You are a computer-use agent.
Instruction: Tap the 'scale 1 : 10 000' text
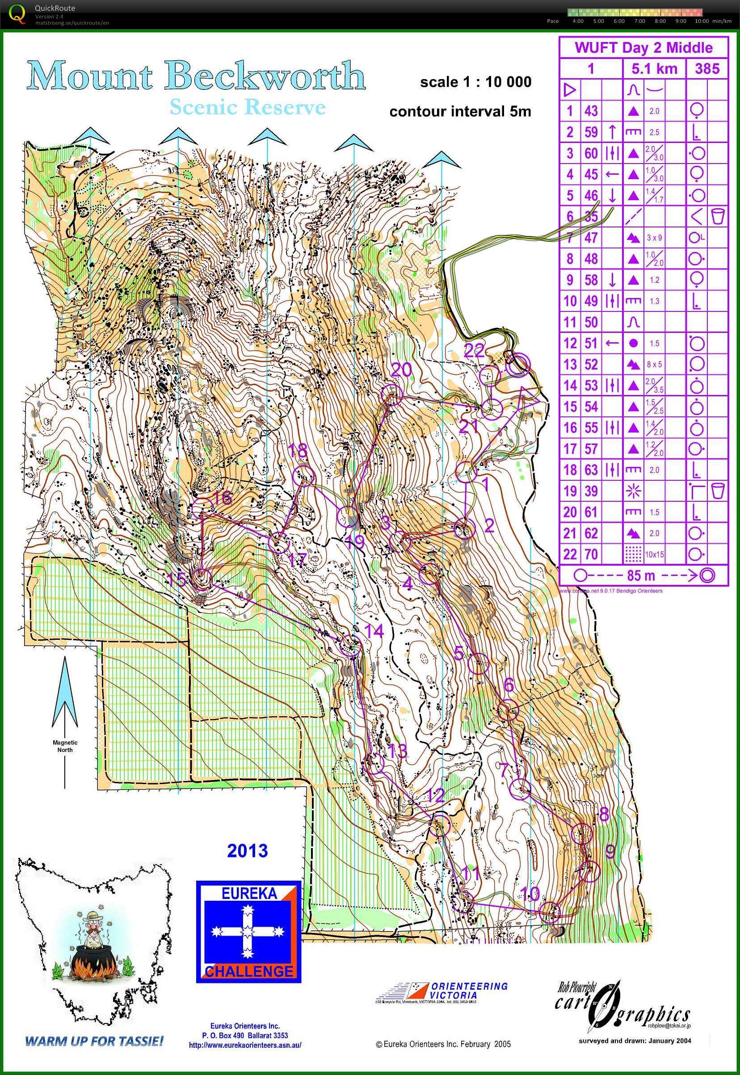[x=476, y=82]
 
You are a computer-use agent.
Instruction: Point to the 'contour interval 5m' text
[x=460, y=111]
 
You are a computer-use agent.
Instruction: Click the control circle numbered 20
[x=391, y=393]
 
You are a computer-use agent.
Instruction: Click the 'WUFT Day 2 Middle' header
[x=643, y=47]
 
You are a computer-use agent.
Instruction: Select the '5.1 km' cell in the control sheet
[x=654, y=69]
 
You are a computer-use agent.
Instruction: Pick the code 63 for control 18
[x=591, y=470]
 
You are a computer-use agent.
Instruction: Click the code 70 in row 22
[x=591, y=554]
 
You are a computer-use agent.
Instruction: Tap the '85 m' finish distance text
[x=641, y=576]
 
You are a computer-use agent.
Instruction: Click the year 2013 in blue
[x=247, y=851]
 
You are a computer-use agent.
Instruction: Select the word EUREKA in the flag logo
[x=248, y=893]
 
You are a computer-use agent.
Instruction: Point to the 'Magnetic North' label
[x=65, y=746]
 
